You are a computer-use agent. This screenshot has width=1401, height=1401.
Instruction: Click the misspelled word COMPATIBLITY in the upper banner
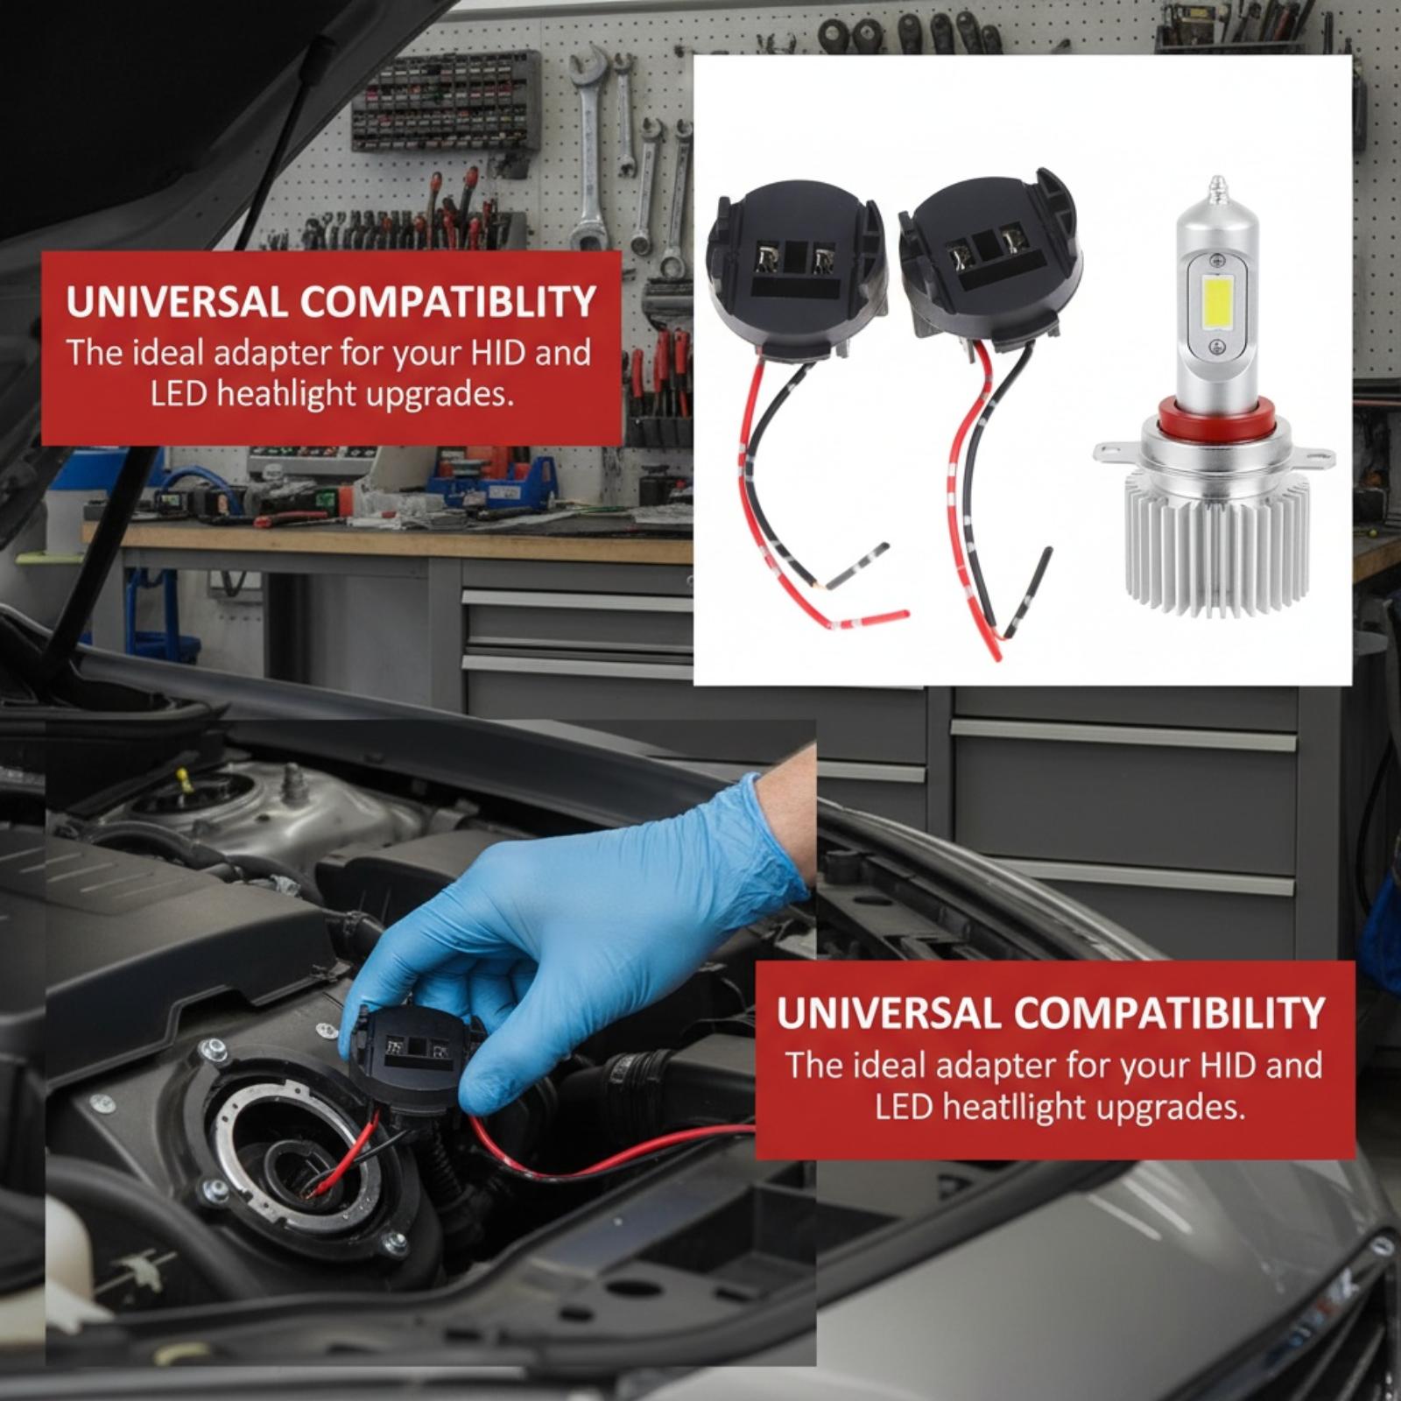click(x=448, y=302)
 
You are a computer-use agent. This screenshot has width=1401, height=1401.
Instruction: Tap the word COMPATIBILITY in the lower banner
click(x=1170, y=1013)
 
